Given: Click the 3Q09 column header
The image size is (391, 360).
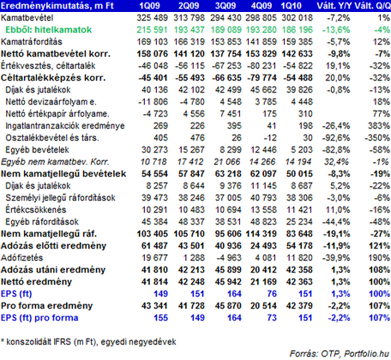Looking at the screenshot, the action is (x=226, y=6).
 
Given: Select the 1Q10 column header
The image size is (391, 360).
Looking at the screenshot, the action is (x=291, y=6).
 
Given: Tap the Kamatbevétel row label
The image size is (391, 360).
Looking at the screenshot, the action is (x=27, y=18).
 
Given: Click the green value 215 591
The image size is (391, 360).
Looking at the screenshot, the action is (x=152, y=30).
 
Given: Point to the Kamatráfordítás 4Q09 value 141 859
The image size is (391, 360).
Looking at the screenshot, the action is (x=261, y=42).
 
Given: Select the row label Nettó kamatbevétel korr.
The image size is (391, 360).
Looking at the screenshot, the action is (x=56, y=54).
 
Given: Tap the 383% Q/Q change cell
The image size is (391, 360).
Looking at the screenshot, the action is (x=379, y=126).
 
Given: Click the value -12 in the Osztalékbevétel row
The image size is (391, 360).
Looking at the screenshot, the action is (x=270, y=138).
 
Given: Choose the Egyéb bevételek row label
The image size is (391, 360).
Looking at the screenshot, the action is (x=37, y=150).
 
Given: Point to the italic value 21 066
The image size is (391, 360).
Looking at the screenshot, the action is (x=227, y=162).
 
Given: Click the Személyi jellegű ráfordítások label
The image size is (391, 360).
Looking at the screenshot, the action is (x=60, y=198).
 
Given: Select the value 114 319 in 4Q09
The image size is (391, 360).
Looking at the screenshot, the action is (x=261, y=234).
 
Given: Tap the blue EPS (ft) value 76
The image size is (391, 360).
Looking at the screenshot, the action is (x=272, y=294).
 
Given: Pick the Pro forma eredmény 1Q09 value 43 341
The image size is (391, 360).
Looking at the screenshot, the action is (x=154, y=306).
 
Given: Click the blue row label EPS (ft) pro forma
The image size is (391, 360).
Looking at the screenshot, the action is (x=39, y=318).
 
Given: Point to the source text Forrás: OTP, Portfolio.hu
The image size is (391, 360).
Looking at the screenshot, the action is (x=340, y=354).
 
